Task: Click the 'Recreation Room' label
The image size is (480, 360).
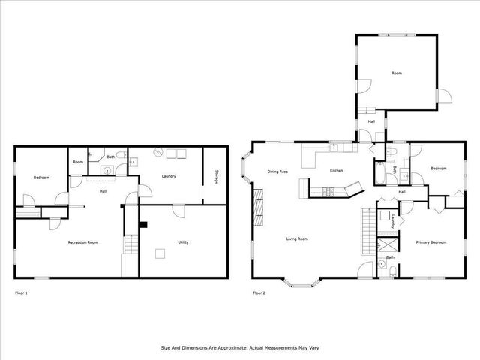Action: click(x=83, y=242)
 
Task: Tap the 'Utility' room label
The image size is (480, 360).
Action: click(x=183, y=242)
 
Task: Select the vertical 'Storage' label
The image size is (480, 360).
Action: click(x=216, y=176)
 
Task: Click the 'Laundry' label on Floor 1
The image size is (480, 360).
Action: click(x=169, y=176)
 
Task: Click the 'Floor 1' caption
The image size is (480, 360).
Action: click(x=21, y=292)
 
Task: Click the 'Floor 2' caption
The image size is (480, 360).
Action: click(x=259, y=292)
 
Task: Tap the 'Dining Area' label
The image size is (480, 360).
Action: click(x=278, y=172)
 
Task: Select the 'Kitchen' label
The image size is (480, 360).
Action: click(x=337, y=171)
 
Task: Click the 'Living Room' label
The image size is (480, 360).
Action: click(x=297, y=239)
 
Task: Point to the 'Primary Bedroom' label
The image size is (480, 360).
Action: click(x=431, y=242)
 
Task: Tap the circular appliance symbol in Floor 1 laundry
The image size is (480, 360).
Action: click(x=157, y=153)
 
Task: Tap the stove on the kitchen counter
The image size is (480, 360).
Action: click(x=327, y=192)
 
